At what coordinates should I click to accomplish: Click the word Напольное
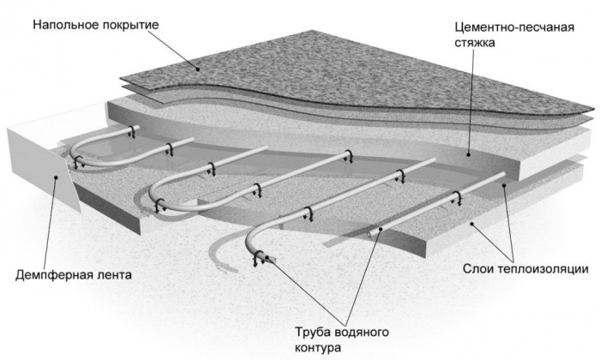click(67, 25)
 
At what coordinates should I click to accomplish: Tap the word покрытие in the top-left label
click(131, 26)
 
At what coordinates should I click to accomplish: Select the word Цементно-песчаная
click(514, 28)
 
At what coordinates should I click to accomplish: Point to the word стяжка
click(475, 43)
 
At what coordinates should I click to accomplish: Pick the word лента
click(112, 275)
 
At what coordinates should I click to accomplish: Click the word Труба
click(313, 332)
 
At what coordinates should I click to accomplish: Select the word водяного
click(362, 332)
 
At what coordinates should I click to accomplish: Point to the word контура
click(318, 349)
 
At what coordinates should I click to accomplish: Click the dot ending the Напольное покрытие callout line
click(198, 69)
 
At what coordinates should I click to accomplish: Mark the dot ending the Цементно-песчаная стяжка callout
click(469, 154)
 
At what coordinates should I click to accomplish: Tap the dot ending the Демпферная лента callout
click(56, 177)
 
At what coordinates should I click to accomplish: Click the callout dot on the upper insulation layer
click(504, 185)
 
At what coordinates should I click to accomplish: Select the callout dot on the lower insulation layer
click(473, 224)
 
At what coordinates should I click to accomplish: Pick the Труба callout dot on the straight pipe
click(381, 229)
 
